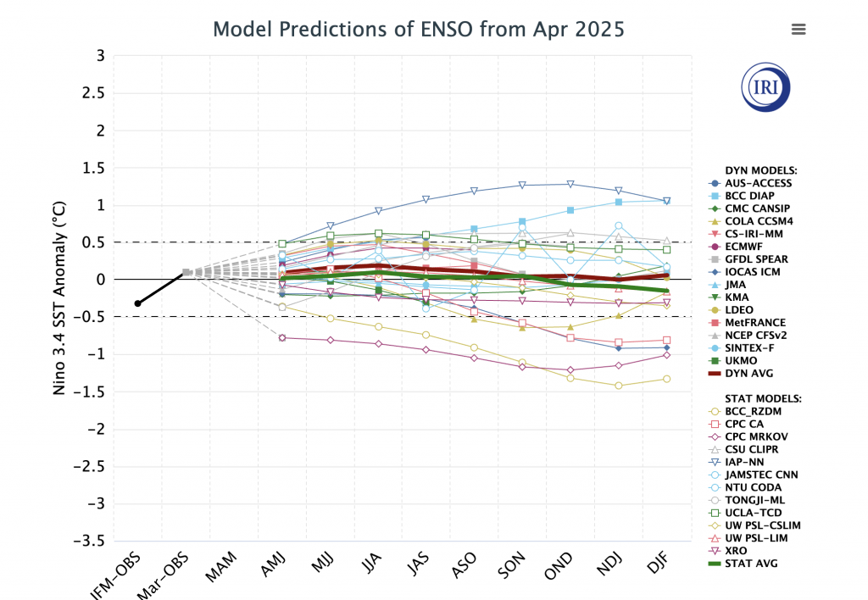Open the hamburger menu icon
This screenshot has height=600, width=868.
[798, 30]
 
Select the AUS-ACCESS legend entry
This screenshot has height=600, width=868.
[758, 183]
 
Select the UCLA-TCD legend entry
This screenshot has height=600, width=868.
[753, 513]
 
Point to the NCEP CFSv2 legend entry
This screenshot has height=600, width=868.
[757, 336]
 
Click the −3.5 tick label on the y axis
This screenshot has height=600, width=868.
[89, 541]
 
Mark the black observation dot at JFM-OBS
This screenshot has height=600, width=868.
[137, 303]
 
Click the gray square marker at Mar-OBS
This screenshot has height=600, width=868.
[186, 273]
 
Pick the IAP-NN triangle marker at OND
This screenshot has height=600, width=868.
[570, 184]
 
